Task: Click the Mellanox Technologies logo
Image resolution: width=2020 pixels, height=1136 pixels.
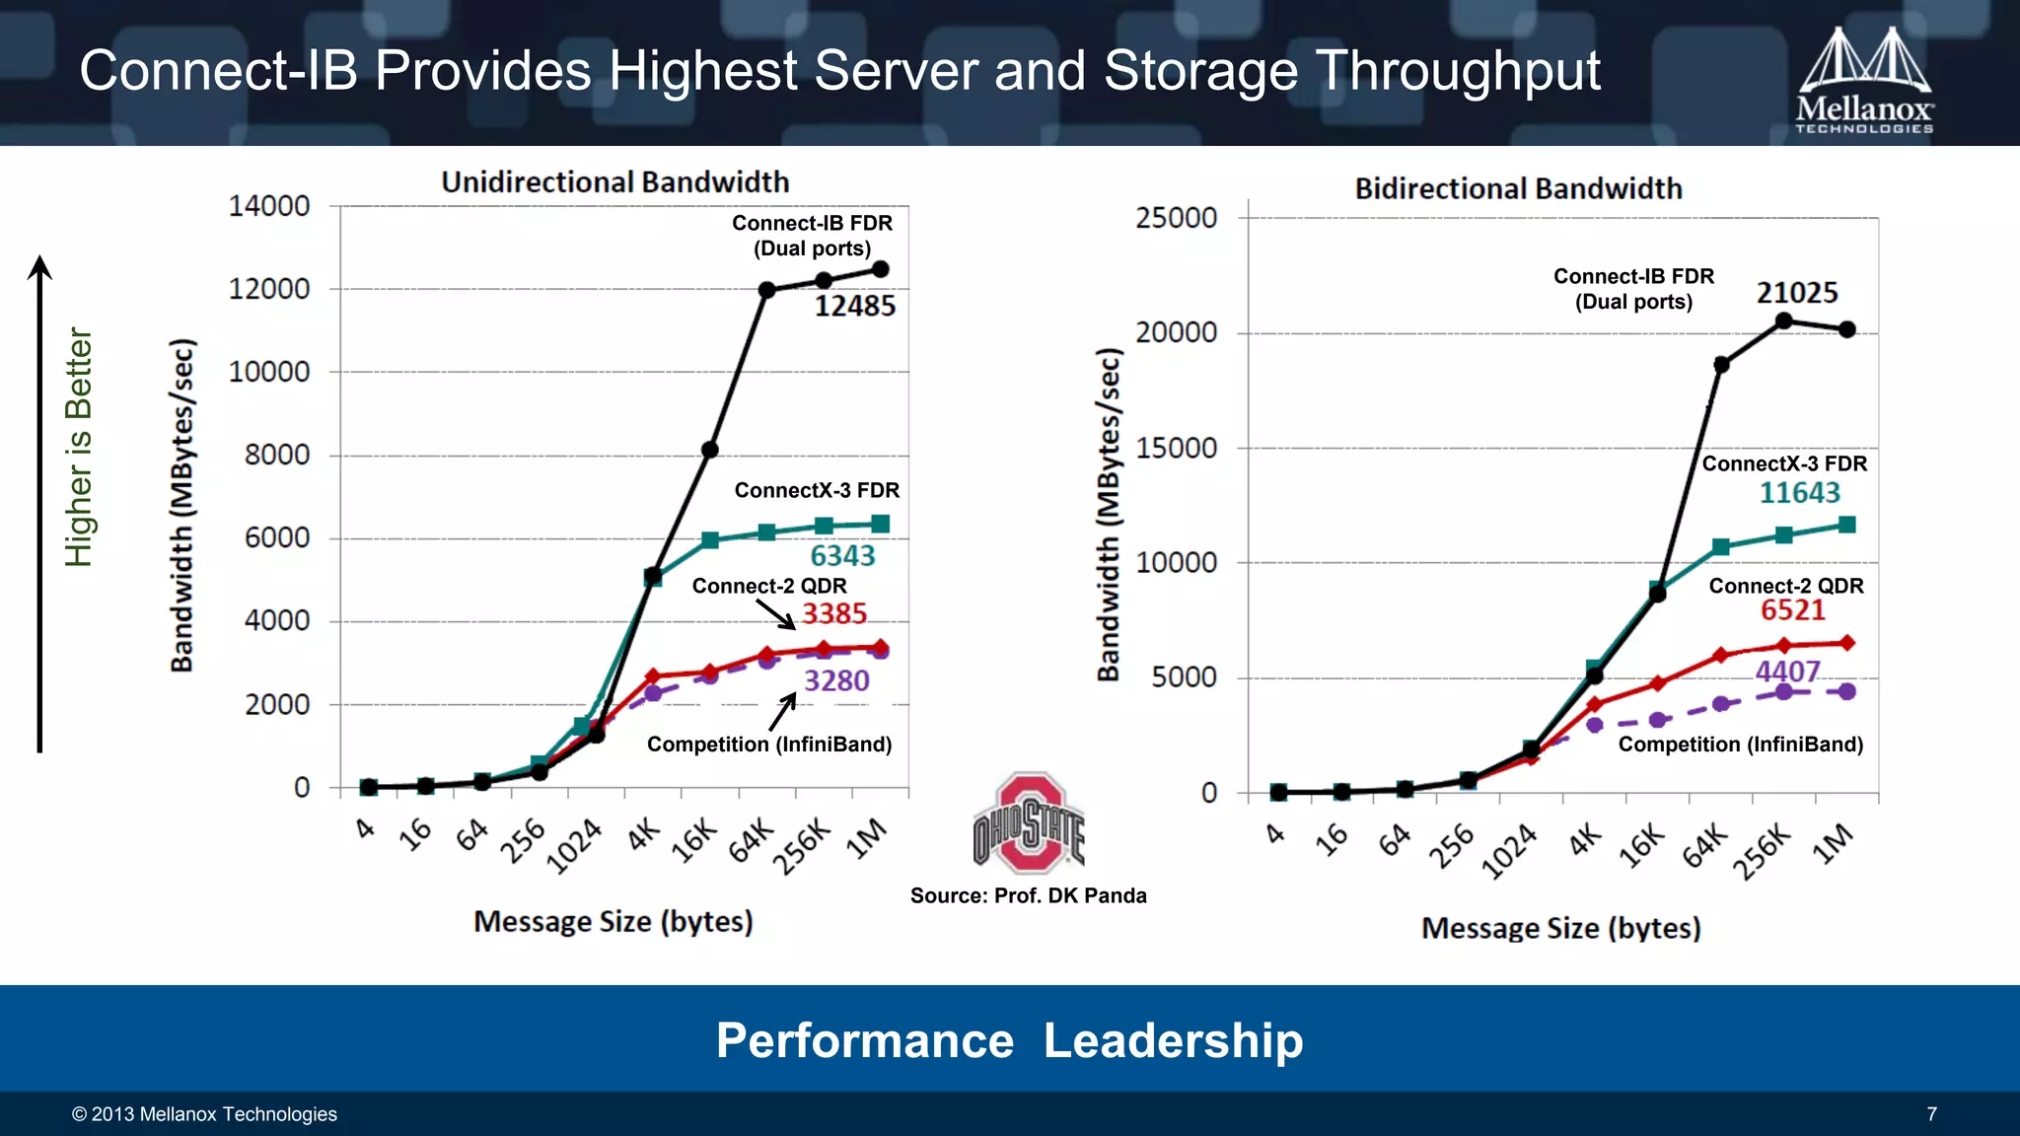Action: coord(1864,81)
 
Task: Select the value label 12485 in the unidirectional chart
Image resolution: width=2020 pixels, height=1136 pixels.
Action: coord(854,307)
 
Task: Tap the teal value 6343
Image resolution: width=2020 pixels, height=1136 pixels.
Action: coord(842,556)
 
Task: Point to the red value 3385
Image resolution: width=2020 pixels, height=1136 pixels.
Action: coord(834,614)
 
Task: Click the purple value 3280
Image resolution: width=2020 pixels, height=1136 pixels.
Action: coord(836,681)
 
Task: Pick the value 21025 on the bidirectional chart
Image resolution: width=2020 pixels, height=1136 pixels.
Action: coord(1797,293)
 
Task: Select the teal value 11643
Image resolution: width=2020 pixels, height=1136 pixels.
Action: coord(1800,493)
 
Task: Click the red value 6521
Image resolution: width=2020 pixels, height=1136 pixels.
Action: coord(1793,610)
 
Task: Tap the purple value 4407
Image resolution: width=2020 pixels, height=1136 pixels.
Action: coord(1787,672)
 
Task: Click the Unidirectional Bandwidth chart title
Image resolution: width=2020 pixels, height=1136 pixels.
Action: coord(614,182)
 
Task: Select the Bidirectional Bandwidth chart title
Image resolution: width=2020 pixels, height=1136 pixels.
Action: coord(1518,188)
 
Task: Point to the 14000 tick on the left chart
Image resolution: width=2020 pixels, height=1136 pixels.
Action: coord(269,206)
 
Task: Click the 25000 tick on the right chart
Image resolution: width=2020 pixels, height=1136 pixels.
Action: coord(1176,218)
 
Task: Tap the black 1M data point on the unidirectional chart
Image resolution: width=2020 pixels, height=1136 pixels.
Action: coord(881,269)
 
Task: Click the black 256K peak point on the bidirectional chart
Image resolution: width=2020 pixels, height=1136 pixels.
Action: coord(1783,320)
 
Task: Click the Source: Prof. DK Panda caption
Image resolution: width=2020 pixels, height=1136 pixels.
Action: coord(1028,895)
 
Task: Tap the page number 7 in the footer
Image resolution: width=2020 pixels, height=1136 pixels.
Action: coord(1931,1114)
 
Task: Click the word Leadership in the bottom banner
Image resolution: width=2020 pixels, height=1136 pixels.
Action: coord(1173,1040)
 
